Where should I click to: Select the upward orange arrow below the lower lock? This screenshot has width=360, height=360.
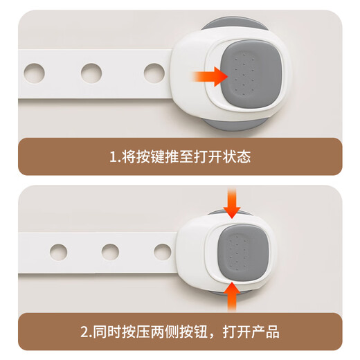(232, 299)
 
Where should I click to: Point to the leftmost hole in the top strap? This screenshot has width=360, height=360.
(33, 71)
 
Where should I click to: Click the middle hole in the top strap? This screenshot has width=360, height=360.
(91, 71)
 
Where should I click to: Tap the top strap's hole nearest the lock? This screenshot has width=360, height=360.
(154, 72)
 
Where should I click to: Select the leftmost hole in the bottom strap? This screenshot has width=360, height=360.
(54, 248)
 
